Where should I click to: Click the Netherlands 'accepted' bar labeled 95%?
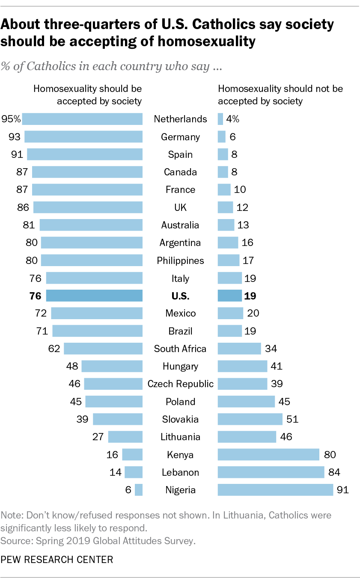[x=82, y=119]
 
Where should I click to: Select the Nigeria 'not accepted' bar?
[x=275, y=490]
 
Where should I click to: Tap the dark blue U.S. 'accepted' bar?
[x=94, y=296]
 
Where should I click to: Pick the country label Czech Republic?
[x=180, y=384]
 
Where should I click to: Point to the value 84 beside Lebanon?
[x=336, y=472]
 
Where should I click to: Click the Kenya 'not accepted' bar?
[x=268, y=454]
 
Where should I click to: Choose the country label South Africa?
[x=180, y=349]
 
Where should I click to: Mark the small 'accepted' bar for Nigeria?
[x=138, y=490]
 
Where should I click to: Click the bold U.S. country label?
[x=180, y=296]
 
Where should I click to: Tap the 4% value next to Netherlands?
[x=233, y=119]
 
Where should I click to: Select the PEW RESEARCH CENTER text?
[x=57, y=560]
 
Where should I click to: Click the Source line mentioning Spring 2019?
[x=98, y=541]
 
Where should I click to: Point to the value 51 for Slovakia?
[x=292, y=419]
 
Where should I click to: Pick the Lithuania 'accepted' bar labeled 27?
[x=125, y=437]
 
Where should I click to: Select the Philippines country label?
[x=180, y=261]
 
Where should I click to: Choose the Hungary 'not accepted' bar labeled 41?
[x=242, y=366]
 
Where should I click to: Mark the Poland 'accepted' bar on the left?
[x=114, y=402]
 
